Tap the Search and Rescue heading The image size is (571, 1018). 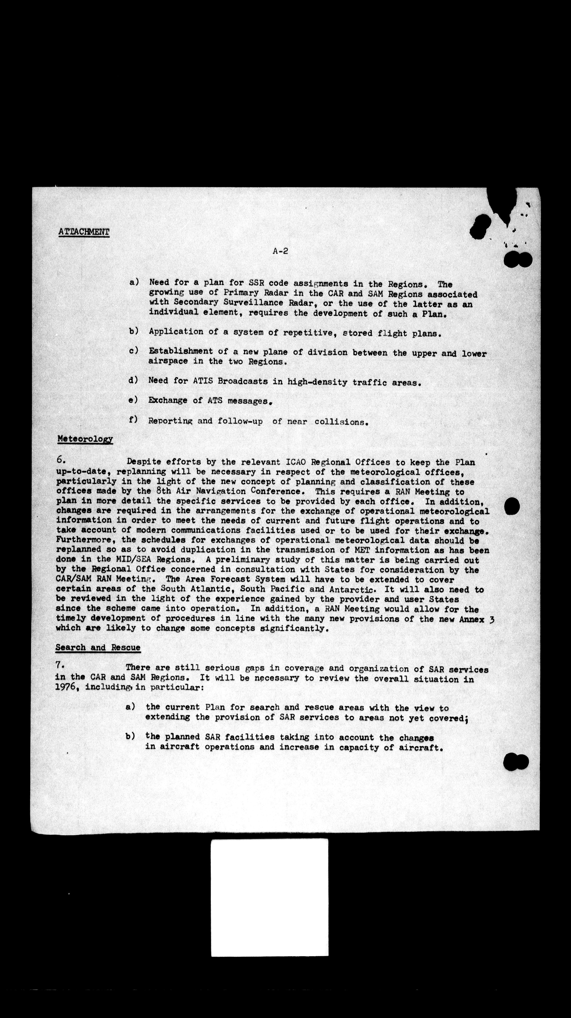(98, 647)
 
